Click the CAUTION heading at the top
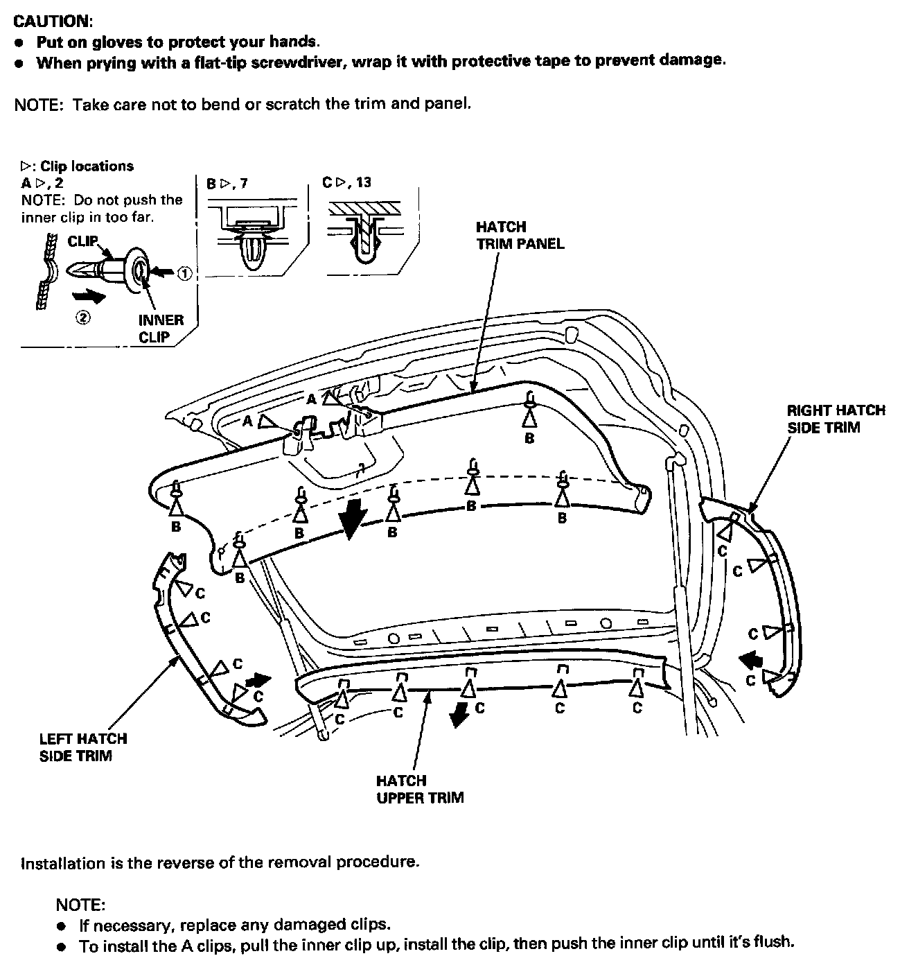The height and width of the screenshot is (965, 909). tap(53, 21)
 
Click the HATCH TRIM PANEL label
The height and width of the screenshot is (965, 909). tap(520, 235)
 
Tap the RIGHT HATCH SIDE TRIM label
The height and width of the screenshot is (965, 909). tap(836, 419)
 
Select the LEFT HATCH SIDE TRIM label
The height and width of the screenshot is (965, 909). tap(83, 747)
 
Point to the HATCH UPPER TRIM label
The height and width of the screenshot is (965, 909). tap(420, 789)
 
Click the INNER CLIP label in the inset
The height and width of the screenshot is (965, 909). tap(161, 329)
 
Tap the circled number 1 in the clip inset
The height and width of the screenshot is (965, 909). tap(184, 274)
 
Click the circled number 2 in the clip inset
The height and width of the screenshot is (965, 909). tap(82, 319)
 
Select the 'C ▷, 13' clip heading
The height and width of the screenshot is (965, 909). tap(346, 182)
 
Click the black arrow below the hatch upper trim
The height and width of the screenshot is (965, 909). tap(458, 715)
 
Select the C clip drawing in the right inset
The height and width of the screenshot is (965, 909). tap(364, 236)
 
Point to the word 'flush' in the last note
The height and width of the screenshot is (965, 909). tap(775, 943)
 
